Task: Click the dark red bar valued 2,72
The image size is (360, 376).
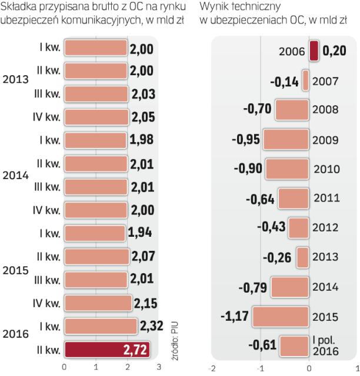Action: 106,350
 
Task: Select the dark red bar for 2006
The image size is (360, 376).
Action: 314,51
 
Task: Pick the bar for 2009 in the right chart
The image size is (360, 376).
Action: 286,140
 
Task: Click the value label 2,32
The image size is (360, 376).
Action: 152,326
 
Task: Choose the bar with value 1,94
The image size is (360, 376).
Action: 94,234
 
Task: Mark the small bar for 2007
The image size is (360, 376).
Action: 306,80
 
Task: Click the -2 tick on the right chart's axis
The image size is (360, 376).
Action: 212,369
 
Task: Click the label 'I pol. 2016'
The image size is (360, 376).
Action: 325,345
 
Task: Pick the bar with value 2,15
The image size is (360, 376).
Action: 98,303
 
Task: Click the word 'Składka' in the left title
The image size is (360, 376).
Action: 19,6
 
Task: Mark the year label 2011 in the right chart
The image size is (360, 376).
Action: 326,197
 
